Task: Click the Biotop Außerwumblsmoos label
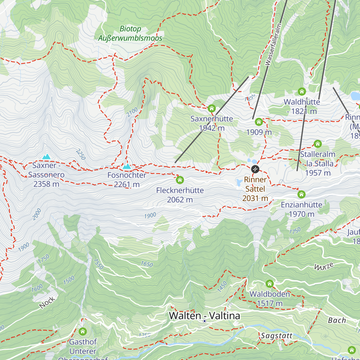pos(130,33)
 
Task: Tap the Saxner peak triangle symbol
pos(46,157)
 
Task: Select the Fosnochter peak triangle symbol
pos(127,166)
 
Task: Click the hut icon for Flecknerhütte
pos(180,180)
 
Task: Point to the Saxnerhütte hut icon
pos(212,108)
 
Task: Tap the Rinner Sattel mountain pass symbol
pos(255,169)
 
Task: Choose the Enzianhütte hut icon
pos(301,194)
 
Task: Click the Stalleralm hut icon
pos(318,144)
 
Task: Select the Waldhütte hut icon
pos(302,91)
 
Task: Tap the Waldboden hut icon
pos(270,284)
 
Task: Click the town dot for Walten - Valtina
pos(205,321)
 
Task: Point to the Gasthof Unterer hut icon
pos(83,331)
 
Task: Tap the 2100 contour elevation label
pos(132,112)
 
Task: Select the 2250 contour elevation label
pos(81,154)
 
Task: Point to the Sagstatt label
pos(276,336)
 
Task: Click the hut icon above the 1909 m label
pos(259,122)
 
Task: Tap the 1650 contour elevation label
pos(147,264)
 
